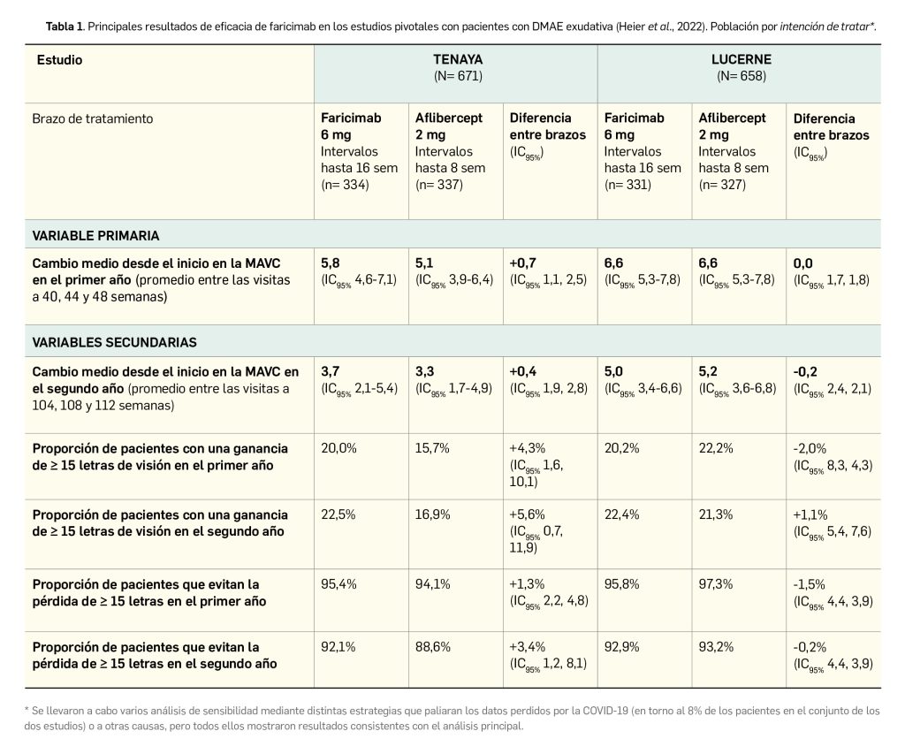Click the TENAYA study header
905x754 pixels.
456,60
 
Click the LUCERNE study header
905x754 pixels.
741,60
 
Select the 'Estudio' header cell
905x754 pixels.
59,60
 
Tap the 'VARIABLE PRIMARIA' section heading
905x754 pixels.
96,235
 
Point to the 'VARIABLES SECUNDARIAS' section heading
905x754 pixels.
115,341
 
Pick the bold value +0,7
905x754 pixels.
523,263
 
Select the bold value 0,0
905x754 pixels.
804,263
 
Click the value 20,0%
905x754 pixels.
338,448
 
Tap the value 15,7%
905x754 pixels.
432,448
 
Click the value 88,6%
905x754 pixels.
433,647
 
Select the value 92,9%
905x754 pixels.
622,647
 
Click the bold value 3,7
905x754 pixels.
331,371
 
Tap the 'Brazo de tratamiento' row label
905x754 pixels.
92,118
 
